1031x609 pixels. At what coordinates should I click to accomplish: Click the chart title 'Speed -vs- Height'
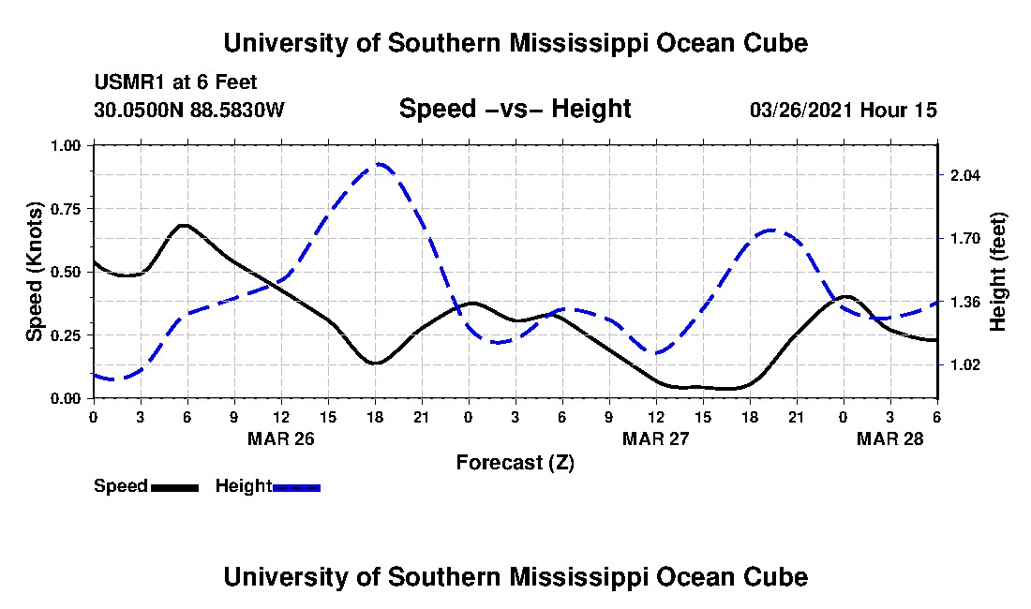[515, 109]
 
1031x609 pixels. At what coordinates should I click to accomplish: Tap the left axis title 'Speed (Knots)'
[35, 271]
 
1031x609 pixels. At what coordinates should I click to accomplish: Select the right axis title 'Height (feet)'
[997, 272]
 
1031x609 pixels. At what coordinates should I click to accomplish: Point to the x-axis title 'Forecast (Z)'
[515, 462]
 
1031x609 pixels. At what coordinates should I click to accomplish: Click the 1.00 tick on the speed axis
[68, 145]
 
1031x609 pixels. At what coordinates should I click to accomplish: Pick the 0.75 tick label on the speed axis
[68, 208]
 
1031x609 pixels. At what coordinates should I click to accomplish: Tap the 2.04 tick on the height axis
[964, 175]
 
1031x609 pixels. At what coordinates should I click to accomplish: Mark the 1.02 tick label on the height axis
[964, 364]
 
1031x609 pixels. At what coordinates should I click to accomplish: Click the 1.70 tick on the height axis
[964, 238]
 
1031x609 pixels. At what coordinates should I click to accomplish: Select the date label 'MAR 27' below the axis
[655, 438]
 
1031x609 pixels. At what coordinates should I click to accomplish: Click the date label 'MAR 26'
[280, 438]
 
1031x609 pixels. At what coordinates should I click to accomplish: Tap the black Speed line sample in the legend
[174, 487]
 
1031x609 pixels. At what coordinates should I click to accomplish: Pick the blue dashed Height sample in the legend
[296, 487]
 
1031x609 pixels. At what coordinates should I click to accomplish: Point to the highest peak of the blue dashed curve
[378, 164]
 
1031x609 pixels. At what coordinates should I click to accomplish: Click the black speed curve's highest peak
[184, 225]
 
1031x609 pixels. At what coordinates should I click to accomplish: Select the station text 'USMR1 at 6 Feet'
[176, 82]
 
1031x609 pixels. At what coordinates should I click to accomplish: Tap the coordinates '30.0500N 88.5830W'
[189, 110]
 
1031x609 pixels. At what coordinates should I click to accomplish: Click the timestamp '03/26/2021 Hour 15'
[844, 110]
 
